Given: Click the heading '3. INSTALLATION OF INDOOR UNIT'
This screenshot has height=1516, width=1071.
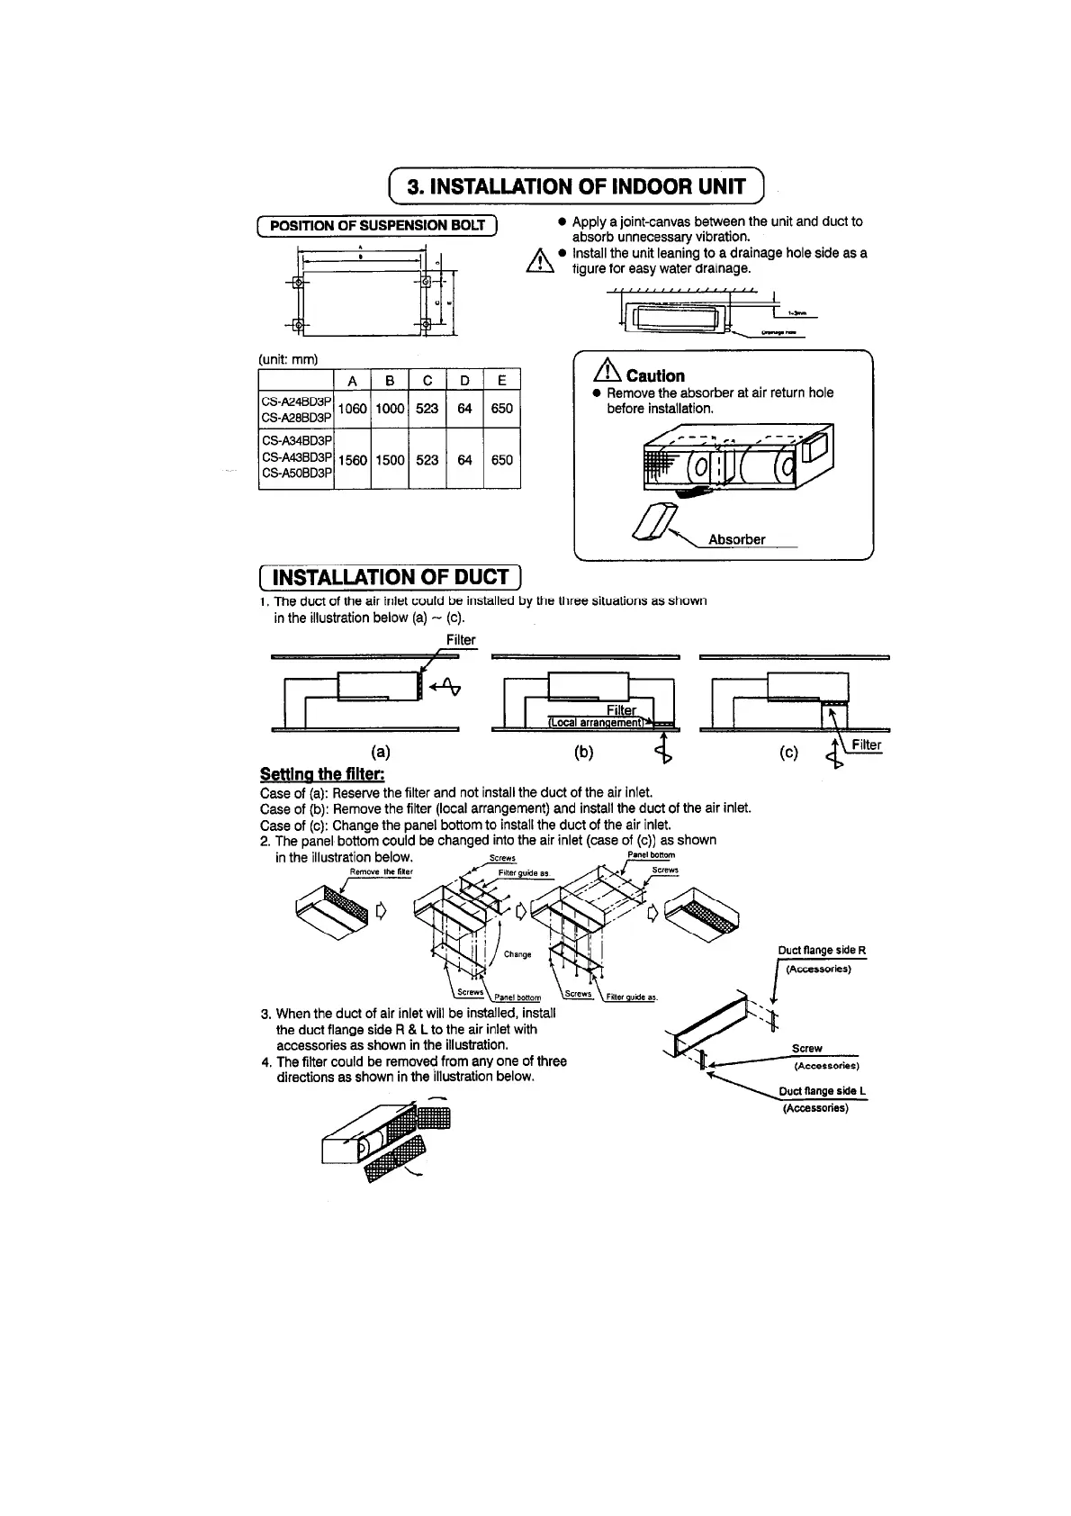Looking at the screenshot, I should click(576, 186).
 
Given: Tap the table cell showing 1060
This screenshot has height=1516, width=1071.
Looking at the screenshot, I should click(353, 409).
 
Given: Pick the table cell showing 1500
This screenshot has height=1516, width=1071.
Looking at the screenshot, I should click(390, 460).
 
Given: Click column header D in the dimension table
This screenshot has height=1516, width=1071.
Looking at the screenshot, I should click(464, 381).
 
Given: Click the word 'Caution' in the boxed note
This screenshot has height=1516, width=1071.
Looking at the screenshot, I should click(655, 376).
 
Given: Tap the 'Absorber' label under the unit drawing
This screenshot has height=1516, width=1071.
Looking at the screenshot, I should click(736, 539).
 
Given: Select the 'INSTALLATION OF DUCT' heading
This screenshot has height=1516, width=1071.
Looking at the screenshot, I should click(390, 577).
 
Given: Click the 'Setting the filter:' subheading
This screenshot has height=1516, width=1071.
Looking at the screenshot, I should click(322, 774).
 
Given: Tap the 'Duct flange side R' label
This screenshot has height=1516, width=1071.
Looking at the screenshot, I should click(822, 951).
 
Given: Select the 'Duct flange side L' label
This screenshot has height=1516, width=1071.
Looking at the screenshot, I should click(822, 1092).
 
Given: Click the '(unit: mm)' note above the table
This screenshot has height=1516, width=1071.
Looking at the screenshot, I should click(288, 358).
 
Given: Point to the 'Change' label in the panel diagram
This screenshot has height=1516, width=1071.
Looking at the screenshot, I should click(517, 954).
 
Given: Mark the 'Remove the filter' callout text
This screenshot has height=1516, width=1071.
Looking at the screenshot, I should click(381, 871).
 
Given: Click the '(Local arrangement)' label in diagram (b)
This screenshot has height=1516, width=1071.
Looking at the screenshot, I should click(597, 722).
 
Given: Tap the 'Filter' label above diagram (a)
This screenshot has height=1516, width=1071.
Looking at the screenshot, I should click(461, 640).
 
